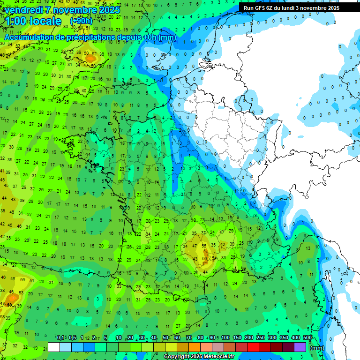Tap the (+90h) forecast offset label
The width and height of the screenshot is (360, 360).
[x=81, y=21]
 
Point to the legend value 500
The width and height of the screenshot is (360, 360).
[x=307, y=338]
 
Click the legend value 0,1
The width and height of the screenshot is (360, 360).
[x=60, y=338]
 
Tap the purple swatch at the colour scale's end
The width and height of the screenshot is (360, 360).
[x=300, y=347]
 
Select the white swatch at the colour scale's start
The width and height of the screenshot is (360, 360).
[x=54, y=347]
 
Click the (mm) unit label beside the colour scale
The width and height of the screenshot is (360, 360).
[x=317, y=348]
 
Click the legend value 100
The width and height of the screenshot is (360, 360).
[x=225, y=338]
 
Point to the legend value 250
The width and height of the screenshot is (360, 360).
[x=261, y=338]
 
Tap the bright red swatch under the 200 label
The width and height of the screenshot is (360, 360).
[x=253, y=347]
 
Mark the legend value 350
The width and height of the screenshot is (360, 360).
[x=284, y=338]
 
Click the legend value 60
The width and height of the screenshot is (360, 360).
[x=177, y=338]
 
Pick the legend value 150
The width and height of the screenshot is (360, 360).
[x=237, y=338]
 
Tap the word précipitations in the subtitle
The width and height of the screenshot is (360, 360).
[x=90, y=37]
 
